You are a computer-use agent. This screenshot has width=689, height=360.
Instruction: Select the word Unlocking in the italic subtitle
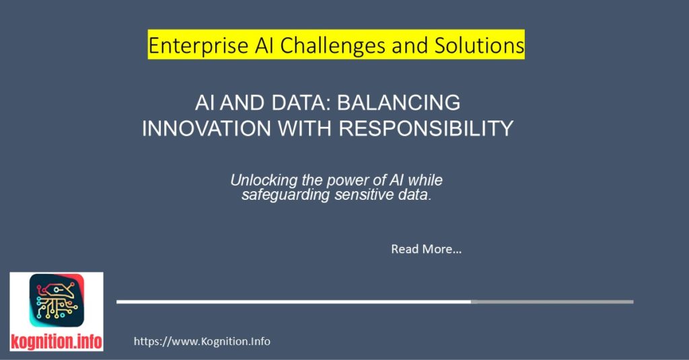click(260, 180)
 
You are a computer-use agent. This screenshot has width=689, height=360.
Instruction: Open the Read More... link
click(426, 249)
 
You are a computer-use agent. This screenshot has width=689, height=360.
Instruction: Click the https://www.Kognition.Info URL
click(202, 341)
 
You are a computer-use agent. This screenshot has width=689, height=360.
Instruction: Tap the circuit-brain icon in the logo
click(57, 301)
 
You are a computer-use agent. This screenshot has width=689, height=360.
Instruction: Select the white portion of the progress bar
click(293, 301)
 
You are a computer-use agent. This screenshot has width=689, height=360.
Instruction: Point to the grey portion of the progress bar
click(552, 301)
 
